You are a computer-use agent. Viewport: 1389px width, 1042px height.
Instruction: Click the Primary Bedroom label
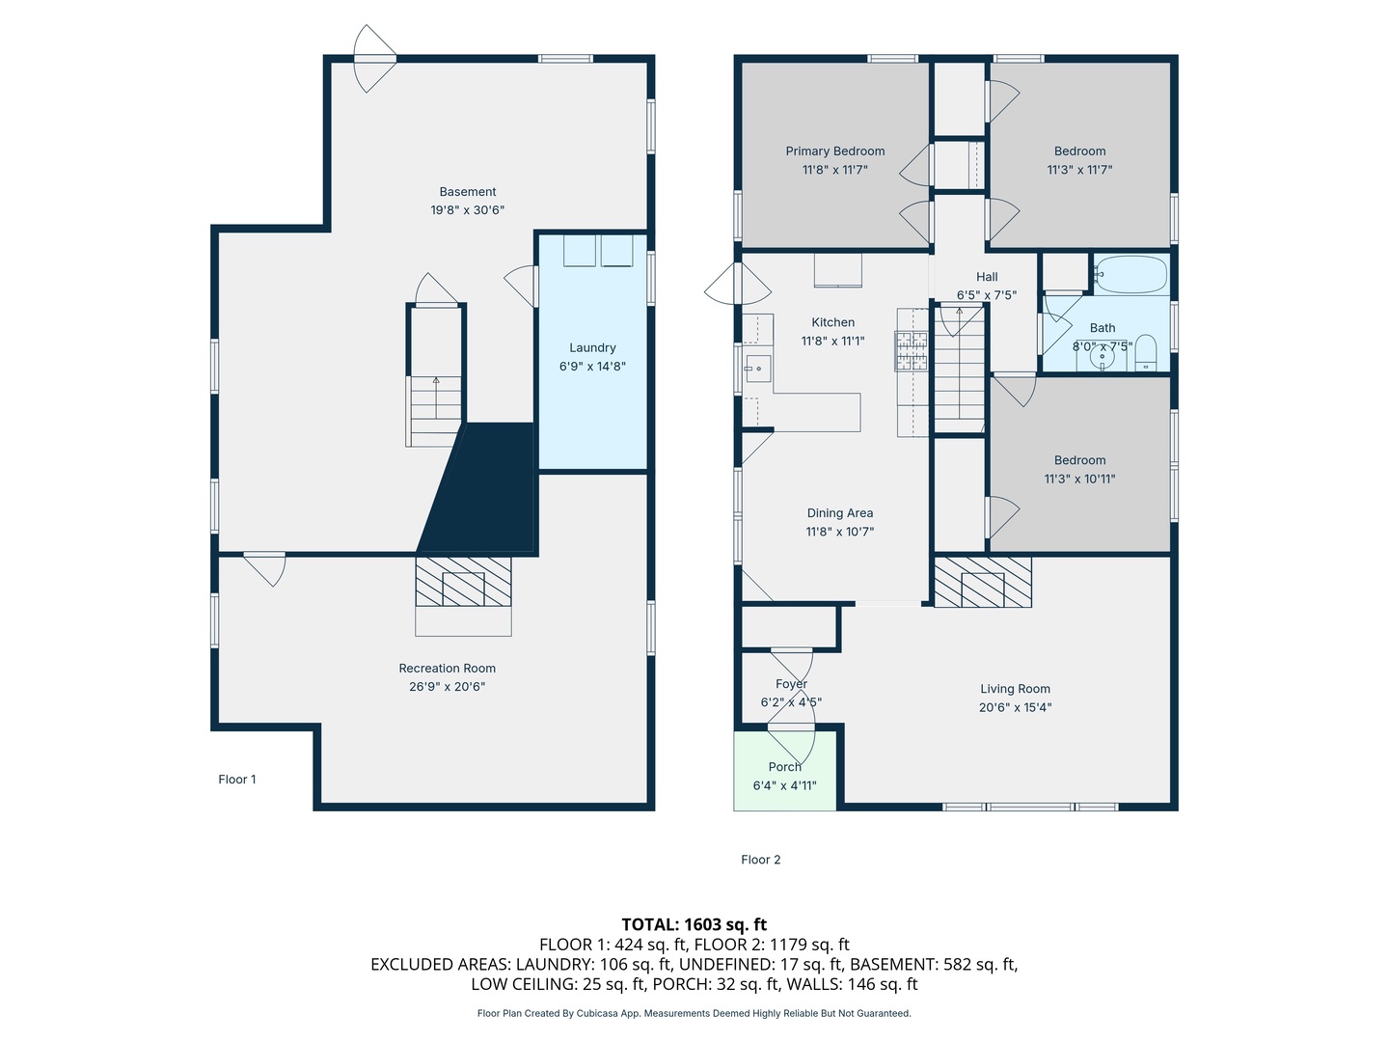[834, 151]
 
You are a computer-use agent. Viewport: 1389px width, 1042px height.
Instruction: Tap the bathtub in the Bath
[1130, 275]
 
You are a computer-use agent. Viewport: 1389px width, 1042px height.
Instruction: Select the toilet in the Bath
[1145, 353]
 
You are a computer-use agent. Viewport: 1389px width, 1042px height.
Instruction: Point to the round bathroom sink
[1102, 358]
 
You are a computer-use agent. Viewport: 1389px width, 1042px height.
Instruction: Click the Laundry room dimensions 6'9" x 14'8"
[592, 367]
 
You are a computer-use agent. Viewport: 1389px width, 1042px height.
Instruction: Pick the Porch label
[784, 767]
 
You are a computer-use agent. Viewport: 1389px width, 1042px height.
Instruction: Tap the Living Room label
[1015, 689]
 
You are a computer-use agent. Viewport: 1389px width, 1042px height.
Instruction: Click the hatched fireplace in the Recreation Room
[463, 582]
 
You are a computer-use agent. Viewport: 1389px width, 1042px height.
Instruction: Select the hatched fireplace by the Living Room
[983, 582]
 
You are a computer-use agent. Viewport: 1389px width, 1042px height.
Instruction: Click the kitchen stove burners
[912, 350]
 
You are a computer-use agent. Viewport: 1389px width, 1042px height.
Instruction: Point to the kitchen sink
[757, 369]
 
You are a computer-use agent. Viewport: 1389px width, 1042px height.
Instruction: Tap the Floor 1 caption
[237, 780]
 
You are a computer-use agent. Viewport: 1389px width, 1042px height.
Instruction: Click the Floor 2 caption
[761, 859]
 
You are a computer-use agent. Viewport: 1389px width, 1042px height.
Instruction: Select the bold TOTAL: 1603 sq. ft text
[694, 924]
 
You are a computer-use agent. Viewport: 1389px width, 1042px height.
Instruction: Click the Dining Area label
[840, 513]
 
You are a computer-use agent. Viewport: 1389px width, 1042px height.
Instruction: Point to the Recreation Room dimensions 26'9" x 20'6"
[447, 686]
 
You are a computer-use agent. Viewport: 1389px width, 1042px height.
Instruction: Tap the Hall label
[987, 277]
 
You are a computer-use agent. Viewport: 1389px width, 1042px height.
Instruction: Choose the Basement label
[468, 192]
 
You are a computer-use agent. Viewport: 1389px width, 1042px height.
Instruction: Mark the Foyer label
[791, 684]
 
